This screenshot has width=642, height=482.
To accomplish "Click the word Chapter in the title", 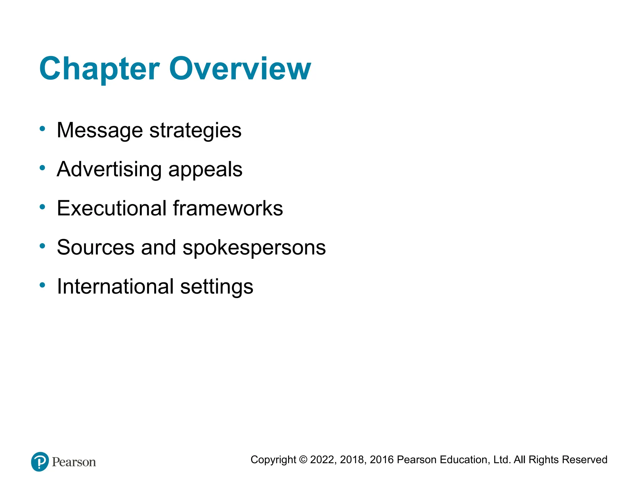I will [x=100, y=69].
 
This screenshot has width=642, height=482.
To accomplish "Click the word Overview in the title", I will [x=240, y=69].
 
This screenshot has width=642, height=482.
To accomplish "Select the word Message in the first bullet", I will [x=100, y=130].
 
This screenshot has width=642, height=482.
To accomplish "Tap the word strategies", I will [x=195, y=130].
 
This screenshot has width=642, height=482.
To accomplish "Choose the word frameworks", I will [x=228, y=208].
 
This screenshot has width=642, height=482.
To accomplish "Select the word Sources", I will [x=96, y=247].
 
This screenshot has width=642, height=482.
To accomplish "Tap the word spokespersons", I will [x=254, y=248].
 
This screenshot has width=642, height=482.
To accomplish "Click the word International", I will [x=115, y=287].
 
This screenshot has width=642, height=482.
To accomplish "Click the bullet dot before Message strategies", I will [x=42, y=129].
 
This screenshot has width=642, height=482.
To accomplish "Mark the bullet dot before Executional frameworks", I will [x=42, y=207].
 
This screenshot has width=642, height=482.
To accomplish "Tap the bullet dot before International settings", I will [x=42, y=285].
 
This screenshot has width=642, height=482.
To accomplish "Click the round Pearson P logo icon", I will [x=40, y=462].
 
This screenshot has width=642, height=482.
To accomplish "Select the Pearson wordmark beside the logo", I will [x=74, y=462].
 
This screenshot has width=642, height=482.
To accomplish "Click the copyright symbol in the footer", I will [x=303, y=460].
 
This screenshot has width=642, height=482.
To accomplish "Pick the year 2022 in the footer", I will [x=323, y=460].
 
